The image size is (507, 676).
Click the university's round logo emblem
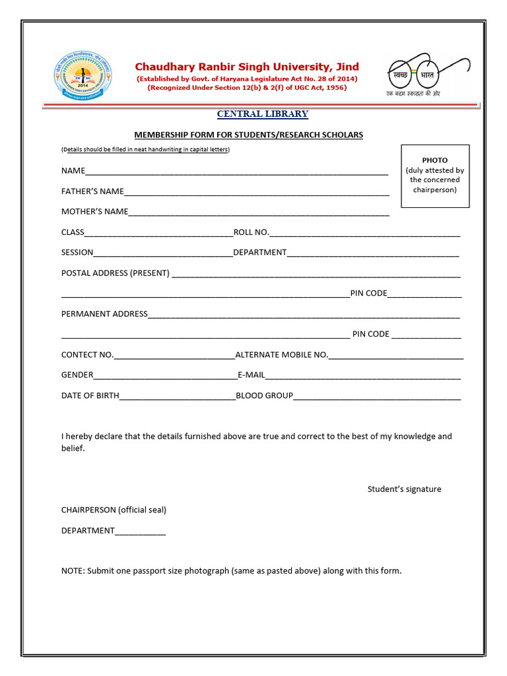[83, 77]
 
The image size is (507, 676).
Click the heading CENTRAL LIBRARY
[263, 114]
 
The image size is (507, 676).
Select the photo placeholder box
[435, 176]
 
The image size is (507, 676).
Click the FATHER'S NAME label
[92, 191]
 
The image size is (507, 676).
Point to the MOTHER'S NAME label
[94, 212]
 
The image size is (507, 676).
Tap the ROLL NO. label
[251, 232]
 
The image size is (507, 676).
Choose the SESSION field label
[77, 252]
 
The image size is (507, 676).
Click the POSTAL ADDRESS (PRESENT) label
[116, 273]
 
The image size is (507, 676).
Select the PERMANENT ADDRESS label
[104, 314]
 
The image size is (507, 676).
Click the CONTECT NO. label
[87, 355]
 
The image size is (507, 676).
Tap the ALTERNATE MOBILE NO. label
[281, 355]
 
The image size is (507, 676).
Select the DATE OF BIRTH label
[90, 395]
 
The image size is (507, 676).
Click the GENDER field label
[77, 375]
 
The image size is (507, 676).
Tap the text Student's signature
[404, 489]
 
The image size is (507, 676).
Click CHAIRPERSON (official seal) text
[114, 510]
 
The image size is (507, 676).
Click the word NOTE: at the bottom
[73, 570]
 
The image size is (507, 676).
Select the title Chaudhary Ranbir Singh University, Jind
[247, 67]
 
